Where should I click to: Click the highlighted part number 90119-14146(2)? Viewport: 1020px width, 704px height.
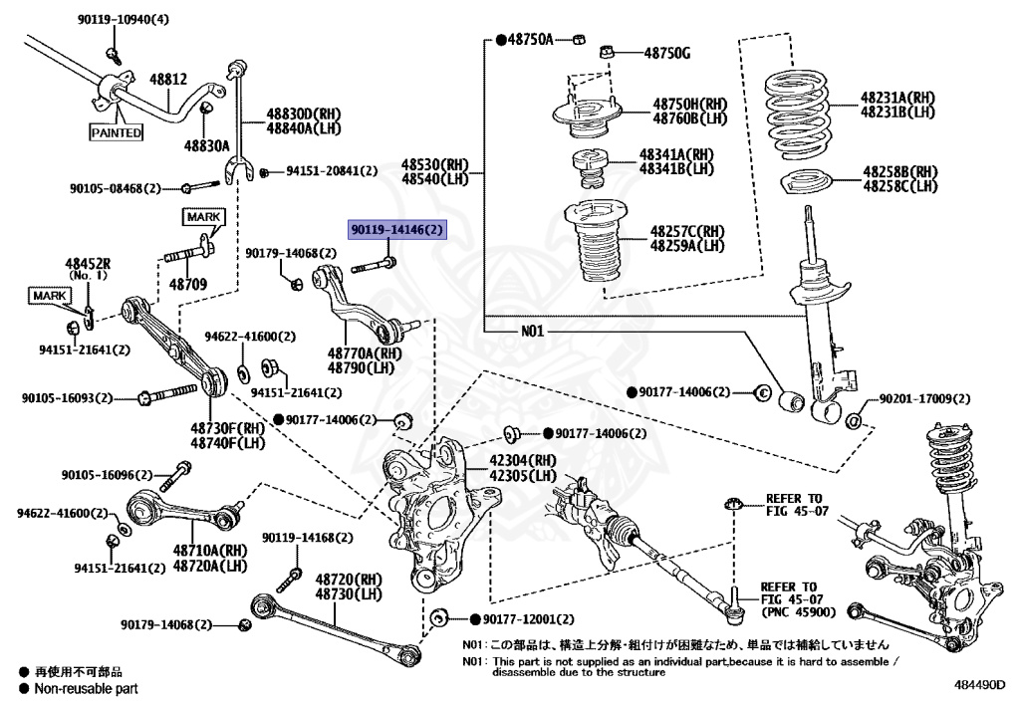(397, 230)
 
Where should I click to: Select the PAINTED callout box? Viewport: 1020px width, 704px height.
(116, 132)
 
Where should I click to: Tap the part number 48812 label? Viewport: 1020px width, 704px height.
(168, 78)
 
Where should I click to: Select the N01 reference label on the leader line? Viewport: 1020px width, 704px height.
(533, 331)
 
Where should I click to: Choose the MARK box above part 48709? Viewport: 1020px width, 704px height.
(203, 216)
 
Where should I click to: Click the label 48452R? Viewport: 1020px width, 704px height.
(89, 264)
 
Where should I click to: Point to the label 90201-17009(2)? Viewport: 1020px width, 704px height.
(923, 399)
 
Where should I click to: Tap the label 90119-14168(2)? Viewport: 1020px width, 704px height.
(308, 539)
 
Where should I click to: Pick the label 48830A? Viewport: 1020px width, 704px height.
(206, 145)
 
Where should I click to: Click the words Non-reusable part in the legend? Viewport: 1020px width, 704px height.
(86, 688)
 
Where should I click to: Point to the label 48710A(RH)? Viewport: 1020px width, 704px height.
(209, 551)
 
